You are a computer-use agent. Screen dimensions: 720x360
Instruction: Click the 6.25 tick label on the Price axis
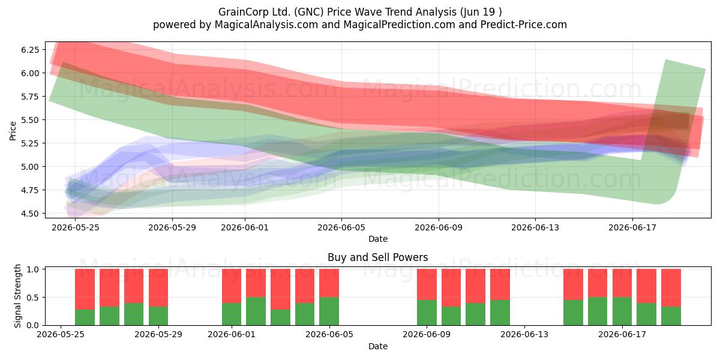pos(30,50)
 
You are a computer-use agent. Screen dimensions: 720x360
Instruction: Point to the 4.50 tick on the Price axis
pos(30,214)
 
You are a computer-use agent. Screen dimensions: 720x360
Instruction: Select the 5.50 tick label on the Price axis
pos(30,120)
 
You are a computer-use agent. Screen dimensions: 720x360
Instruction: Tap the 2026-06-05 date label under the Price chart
pos(341,227)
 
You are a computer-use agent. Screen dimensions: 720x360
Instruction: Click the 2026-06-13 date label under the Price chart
pos(535,227)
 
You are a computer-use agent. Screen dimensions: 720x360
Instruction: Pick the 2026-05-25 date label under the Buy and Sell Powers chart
pos(61,334)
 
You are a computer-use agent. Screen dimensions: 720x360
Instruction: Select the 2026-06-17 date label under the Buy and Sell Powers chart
pos(622,334)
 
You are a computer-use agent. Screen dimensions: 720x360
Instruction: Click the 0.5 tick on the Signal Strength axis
pos(33,298)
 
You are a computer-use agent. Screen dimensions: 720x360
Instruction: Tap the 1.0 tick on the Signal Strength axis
pos(33,269)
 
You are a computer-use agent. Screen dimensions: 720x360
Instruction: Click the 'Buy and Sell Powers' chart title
pos(377,257)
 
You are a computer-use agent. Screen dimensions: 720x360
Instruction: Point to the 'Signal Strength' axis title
pos(17,296)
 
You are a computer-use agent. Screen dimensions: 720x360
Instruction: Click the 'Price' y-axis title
pos(13,131)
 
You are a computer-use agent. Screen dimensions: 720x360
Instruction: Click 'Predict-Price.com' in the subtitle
pos(524,25)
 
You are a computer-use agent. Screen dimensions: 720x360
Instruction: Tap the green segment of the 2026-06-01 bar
pos(232,314)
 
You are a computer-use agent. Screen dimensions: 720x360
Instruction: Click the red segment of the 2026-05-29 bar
pos(158,287)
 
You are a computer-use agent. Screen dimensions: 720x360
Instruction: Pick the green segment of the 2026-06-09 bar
pos(427,313)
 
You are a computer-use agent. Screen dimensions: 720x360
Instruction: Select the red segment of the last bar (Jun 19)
pos(671,287)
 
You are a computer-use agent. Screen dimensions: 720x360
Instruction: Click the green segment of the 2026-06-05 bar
pos(329,311)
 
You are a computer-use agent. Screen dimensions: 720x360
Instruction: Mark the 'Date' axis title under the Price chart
pos(377,239)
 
